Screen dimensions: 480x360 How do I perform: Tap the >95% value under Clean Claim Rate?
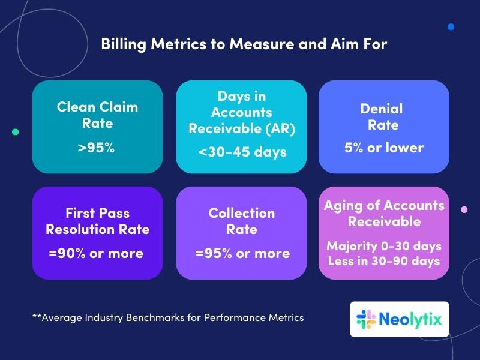[x=96, y=148]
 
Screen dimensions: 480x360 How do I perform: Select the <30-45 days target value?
[x=242, y=152]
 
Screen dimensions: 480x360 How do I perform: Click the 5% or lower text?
[x=384, y=148]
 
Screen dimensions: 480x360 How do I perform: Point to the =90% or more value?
[x=96, y=253]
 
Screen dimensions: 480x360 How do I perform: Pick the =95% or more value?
[x=242, y=253]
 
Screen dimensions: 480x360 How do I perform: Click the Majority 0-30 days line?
[x=384, y=246]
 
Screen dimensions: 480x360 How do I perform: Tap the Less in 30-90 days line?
[x=384, y=261]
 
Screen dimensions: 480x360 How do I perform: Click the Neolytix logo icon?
[x=366, y=319]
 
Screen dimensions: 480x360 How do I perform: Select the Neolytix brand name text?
[x=410, y=320]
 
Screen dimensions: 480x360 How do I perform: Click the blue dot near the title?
[x=451, y=27]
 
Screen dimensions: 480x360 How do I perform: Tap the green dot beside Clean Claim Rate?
[x=16, y=132]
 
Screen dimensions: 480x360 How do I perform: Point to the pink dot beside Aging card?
[x=464, y=209]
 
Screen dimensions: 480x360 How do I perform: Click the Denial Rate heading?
[x=383, y=117]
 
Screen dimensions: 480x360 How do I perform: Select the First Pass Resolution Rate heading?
[x=97, y=221]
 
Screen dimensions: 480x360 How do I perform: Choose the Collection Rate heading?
[x=242, y=221]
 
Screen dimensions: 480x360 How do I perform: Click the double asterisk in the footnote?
[x=37, y=316]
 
